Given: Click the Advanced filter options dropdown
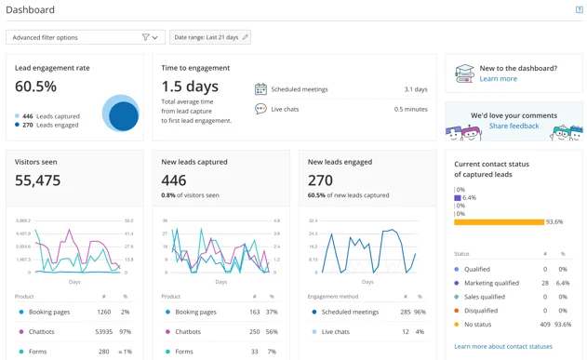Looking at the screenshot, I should [x=85, y=37].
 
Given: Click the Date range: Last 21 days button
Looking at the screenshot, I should [x=210, y=37].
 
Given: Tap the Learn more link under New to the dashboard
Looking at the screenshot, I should [x=498, y=79].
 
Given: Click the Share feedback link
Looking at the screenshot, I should [x=514, y=126].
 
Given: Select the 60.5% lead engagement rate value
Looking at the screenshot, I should [x=35, y=87].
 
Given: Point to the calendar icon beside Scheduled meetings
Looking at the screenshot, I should [x=260, y=89].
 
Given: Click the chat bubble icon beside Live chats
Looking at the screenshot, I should [x=260, y=109].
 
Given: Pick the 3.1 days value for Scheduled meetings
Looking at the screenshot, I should [x=416, y=89].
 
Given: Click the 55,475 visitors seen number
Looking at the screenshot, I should [x=38, y=180].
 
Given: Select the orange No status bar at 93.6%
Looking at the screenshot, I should [x=499, y=222].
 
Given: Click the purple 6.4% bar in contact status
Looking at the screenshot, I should [x=457, y=198].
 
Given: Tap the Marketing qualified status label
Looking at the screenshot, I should [x=492, y=283].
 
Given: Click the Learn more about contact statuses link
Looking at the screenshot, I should [x=502, y=346].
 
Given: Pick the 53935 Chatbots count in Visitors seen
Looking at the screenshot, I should [x=103, y=331].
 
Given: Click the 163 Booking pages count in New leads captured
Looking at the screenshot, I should [x=254, y=313].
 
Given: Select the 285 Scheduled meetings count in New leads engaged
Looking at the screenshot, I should [x=405, y=313].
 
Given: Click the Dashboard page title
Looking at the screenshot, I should [x=31, y=10].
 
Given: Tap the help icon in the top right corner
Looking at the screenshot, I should [x=579, y=10].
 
